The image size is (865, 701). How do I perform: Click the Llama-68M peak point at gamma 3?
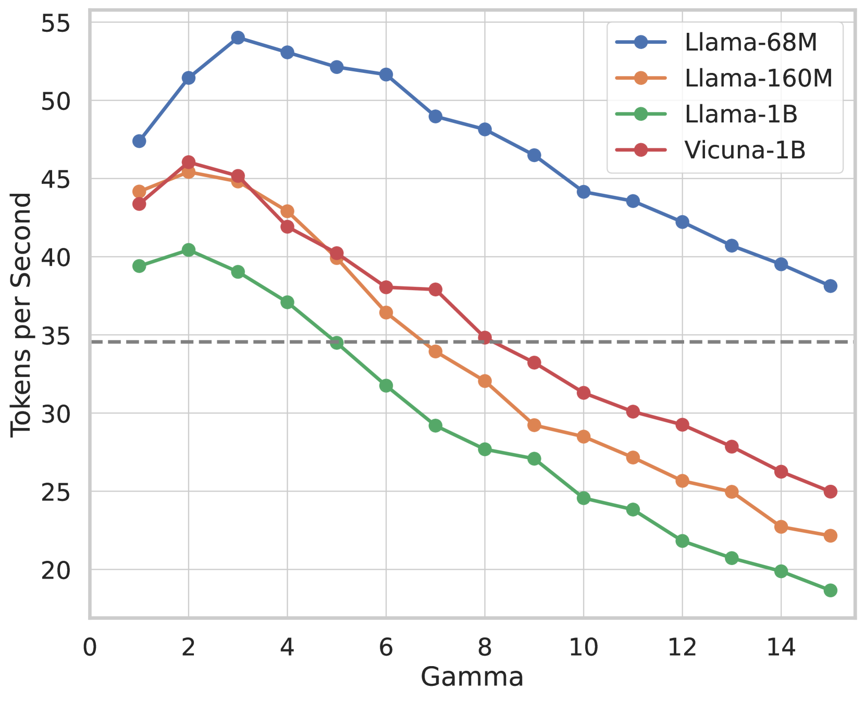tap(238, 37)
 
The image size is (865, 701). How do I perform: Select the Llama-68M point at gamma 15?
tap(830, 286)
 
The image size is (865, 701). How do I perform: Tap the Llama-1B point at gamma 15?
tap(830, 590)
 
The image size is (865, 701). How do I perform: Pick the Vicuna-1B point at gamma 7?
tap(436, 290)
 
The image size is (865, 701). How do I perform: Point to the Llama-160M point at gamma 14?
tap(781, 527)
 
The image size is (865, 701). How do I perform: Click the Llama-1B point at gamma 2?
tap(189, 250)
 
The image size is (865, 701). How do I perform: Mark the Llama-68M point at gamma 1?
tap(139, 141)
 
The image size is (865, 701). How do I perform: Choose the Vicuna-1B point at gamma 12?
tap(682, 425)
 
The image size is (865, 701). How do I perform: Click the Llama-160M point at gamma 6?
tap(386, 312)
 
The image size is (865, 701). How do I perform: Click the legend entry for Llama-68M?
tap(750, 43)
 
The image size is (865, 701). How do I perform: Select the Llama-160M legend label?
tap(758, 78)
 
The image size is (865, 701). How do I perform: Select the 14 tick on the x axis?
tap(781, 647)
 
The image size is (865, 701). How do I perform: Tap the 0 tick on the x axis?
tap(90, 647)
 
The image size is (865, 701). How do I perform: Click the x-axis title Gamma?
tap(472, 678)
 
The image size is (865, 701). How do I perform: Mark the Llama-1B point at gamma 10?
tap(584, 498)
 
